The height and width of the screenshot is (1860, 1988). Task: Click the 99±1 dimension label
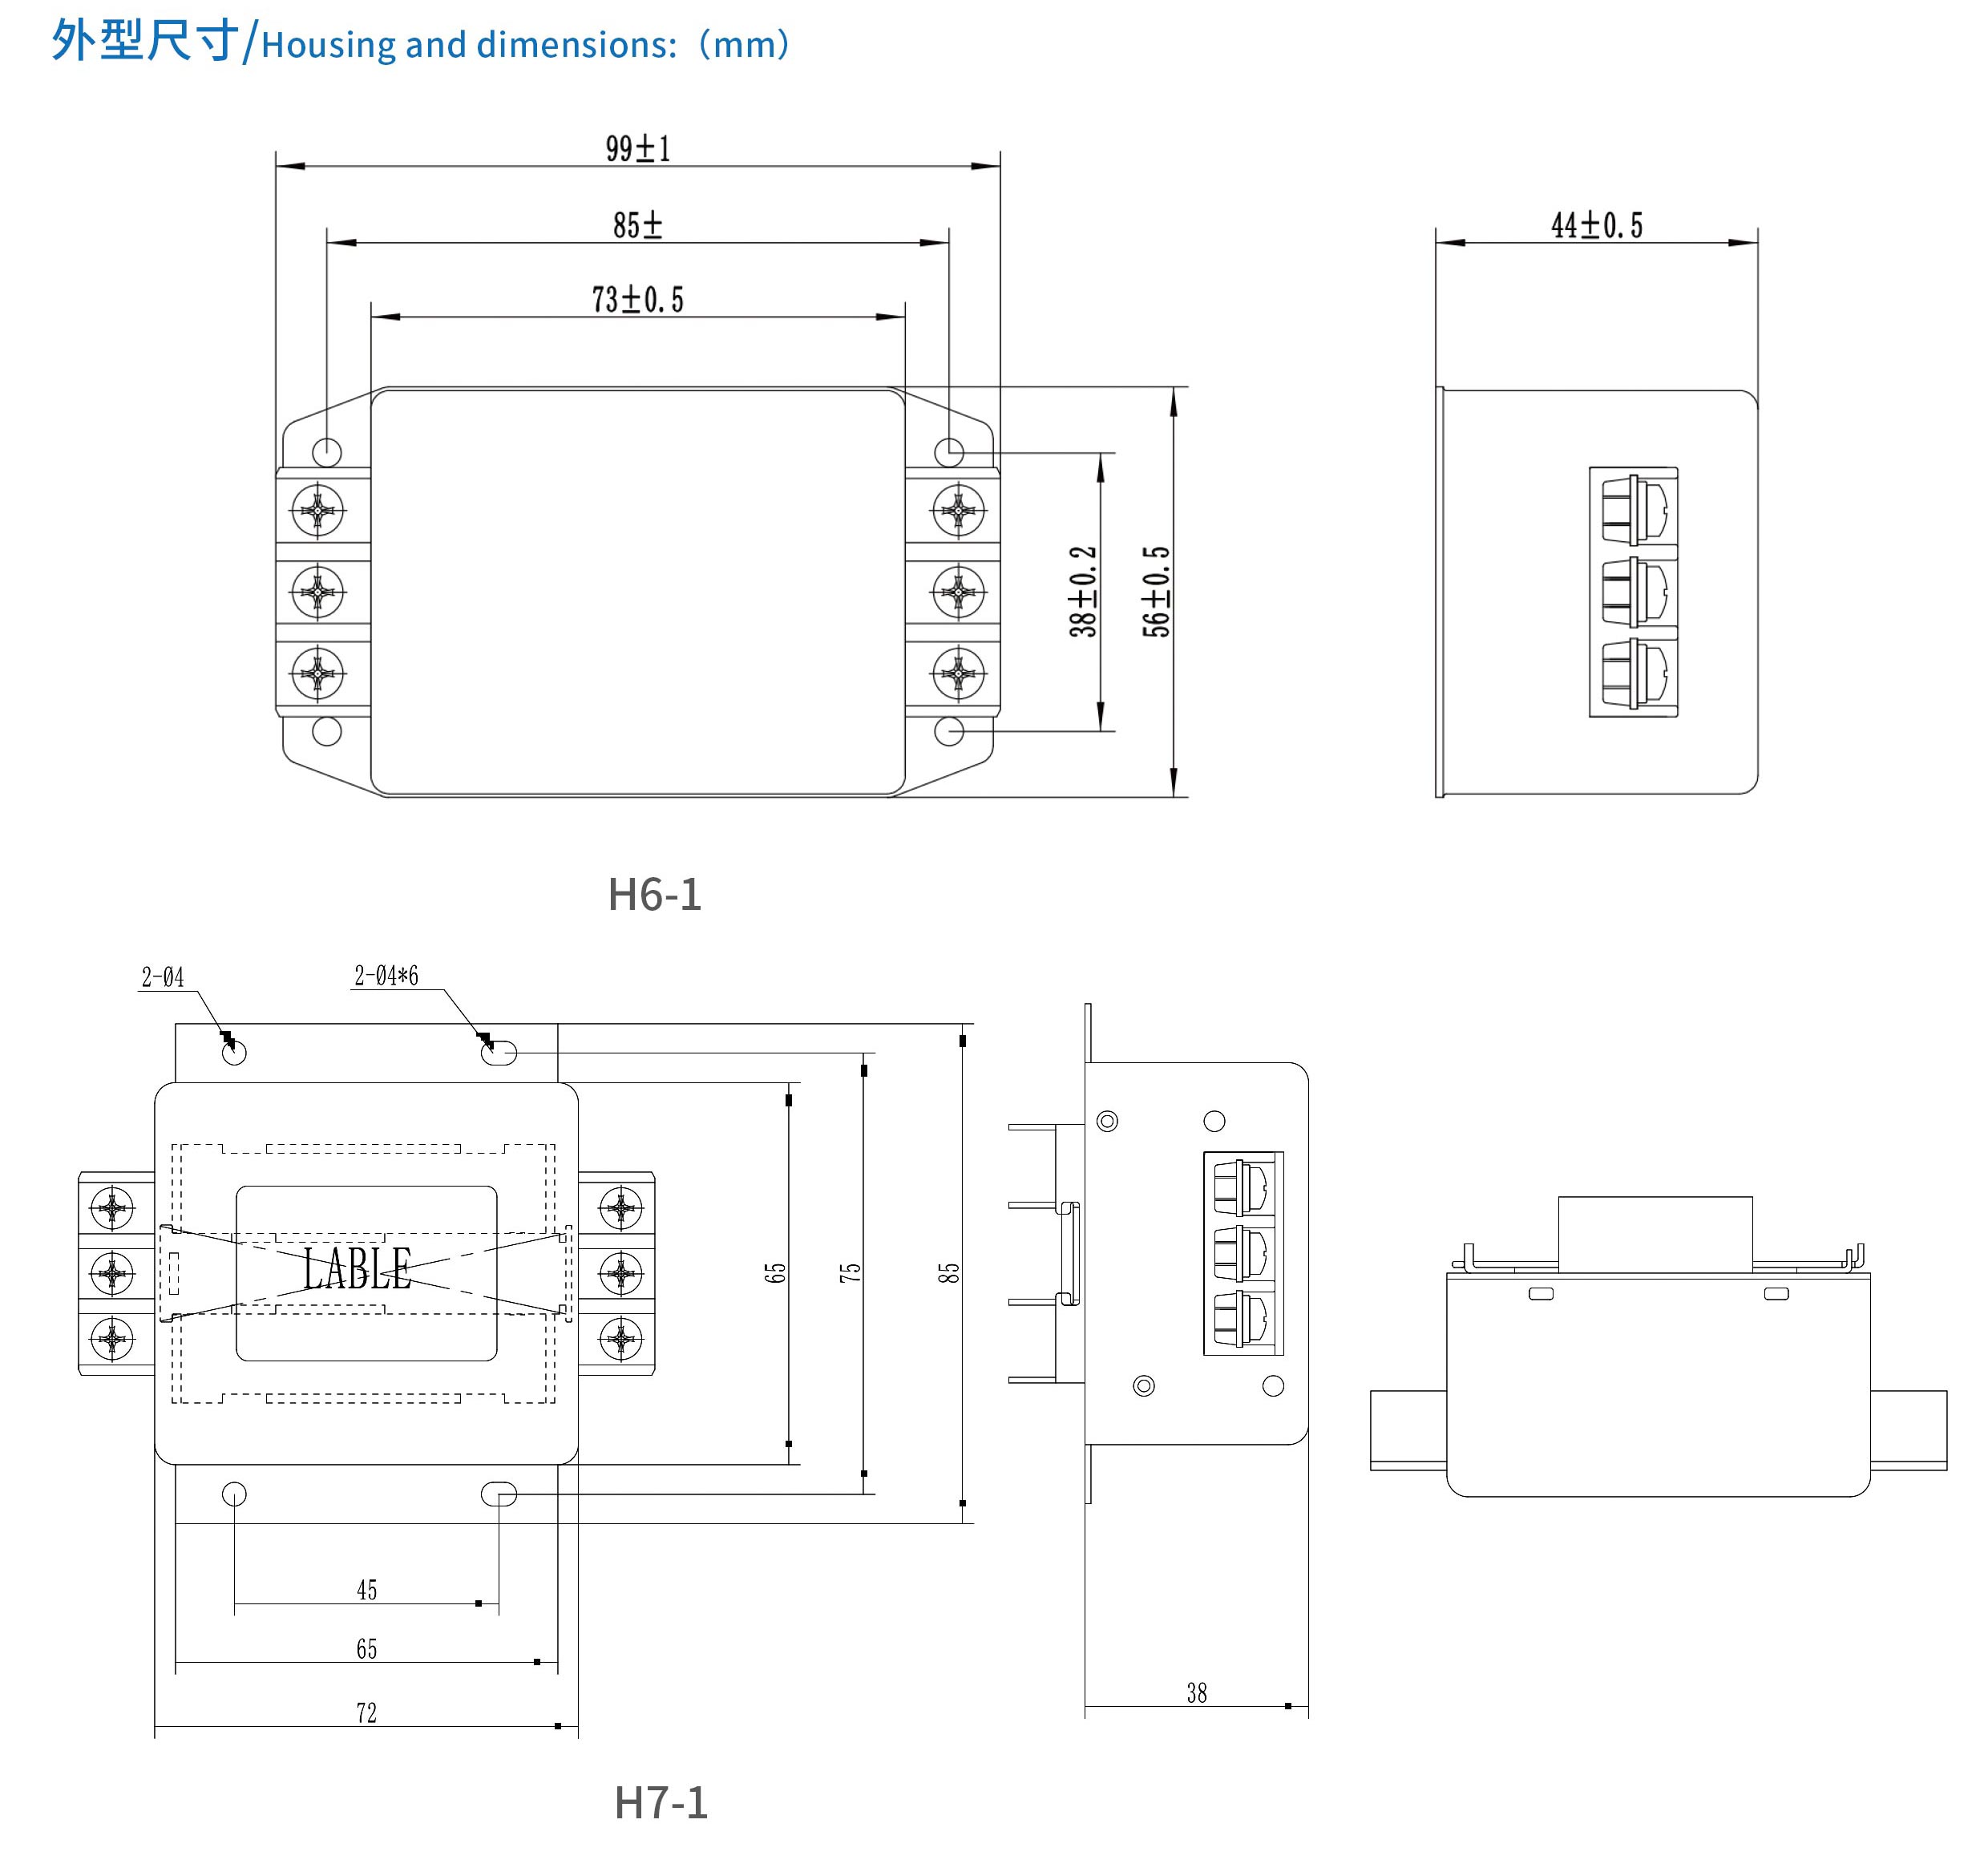pos(638,149)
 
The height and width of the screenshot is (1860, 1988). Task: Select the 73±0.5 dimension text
pos(638,299)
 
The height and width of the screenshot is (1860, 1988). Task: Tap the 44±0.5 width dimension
pos(1596,225)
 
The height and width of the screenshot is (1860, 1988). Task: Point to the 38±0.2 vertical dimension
pos(1083,591)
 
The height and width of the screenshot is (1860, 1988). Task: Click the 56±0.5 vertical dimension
pos(1156,591)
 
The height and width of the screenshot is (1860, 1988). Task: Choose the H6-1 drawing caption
pos(655,894)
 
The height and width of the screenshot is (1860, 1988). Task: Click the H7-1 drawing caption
pos(661,1802)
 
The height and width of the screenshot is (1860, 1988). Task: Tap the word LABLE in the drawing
pos(357,1269)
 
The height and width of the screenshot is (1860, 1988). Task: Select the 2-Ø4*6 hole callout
pos(386,976)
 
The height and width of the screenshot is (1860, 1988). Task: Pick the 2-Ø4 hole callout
pos(162,977)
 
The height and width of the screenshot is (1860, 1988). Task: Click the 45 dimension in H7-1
pos(367,1590)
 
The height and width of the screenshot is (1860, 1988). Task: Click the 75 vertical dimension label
pos(850,1272)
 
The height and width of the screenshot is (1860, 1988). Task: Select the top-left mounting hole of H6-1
pos(327,452)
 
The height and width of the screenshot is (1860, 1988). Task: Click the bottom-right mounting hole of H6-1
pos(949,731)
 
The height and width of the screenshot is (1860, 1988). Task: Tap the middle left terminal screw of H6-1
pos(318,592)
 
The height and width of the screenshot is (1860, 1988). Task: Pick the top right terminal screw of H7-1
pos(621,1208)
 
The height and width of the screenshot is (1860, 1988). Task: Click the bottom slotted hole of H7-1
pos(499,1494)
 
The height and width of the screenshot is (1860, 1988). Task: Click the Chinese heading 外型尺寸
pos(145,42)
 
